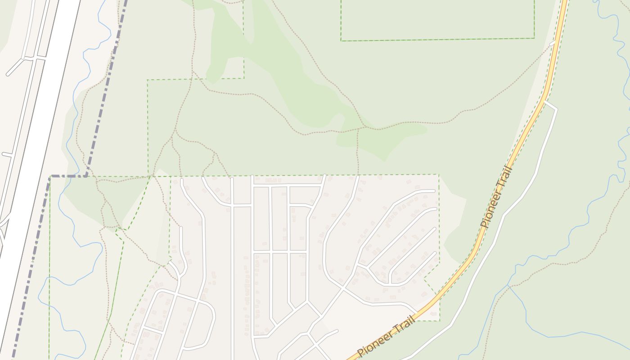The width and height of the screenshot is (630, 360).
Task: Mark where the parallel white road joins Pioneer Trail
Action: coord(545,102)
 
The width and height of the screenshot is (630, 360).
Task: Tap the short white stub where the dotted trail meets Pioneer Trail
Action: coord(553,43)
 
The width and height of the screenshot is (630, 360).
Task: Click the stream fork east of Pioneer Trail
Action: coord(508,285)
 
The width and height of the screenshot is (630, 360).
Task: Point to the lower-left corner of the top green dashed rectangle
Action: coord(341,41)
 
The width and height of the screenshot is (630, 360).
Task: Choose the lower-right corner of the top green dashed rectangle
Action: coord(534,38)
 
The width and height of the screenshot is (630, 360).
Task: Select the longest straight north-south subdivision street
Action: coord(232,270)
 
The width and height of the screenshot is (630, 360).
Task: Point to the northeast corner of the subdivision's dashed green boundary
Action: coord(439,175)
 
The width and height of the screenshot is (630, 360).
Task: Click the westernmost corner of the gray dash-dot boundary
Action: coord(50,176)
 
